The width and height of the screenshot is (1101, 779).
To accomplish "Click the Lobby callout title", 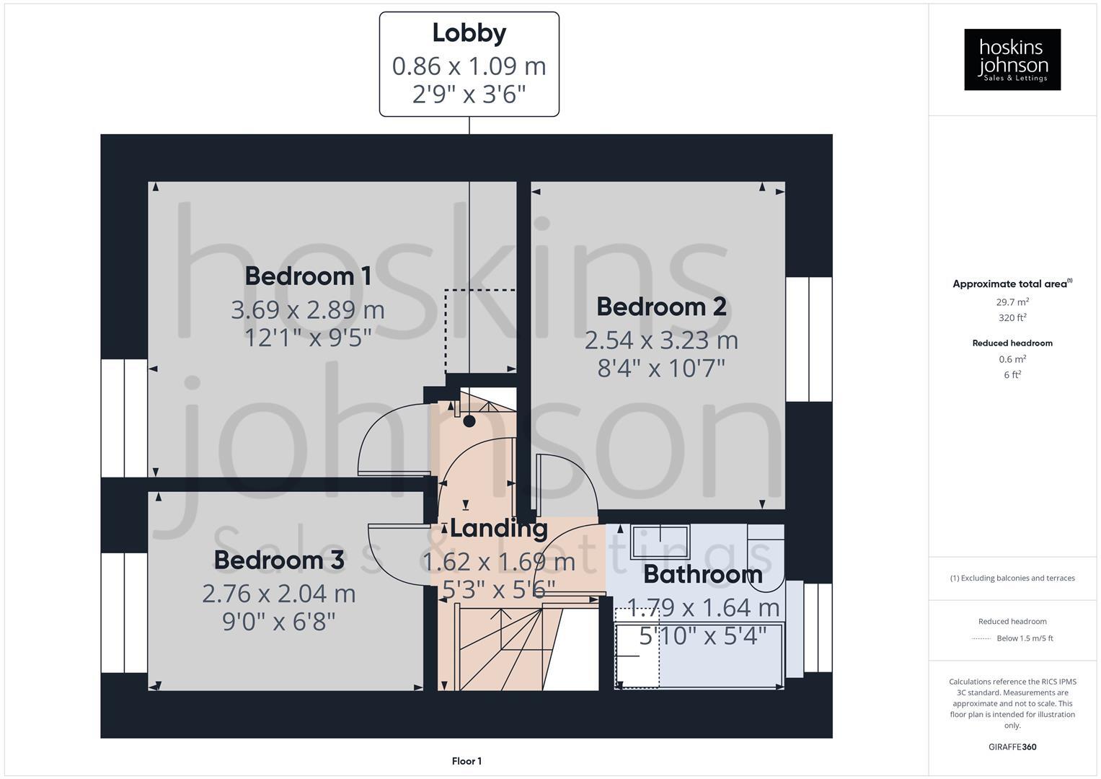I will pos(469,33).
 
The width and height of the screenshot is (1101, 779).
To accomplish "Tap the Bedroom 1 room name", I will pos(308,276).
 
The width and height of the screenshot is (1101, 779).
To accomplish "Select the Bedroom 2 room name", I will pos(661,307).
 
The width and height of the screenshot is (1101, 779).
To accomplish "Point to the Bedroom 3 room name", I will pos(279,560).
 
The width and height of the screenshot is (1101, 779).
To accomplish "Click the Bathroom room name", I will pos(702,575).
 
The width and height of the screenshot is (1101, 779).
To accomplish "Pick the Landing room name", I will pos(498,529).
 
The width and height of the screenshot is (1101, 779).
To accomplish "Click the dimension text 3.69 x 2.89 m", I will pos(308,310).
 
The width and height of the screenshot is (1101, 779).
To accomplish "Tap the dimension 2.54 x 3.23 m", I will pos(661,340).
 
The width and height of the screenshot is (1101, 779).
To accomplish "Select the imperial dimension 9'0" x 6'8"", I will pos(279,621).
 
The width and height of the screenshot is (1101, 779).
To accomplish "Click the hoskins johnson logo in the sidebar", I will pos(1012,60).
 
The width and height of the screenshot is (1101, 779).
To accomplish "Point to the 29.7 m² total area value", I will pos(1012,302).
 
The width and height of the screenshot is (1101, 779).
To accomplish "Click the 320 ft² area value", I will pos(1012,318).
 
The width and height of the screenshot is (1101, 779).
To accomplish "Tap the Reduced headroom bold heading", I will pos(1012,343).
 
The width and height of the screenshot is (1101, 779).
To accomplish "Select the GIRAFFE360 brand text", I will pos(1012,747).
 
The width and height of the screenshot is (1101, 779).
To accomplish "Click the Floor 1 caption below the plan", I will pos(467,761).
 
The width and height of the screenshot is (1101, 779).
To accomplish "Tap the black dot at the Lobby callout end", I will pos(469,421).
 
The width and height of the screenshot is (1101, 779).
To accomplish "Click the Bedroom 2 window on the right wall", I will pos(808,339).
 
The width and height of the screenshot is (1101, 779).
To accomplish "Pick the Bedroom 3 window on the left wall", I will pos(124,613).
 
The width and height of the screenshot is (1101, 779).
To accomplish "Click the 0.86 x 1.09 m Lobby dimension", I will pos(469,66).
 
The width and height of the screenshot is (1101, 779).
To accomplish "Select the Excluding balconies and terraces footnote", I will pos(1012,578).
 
